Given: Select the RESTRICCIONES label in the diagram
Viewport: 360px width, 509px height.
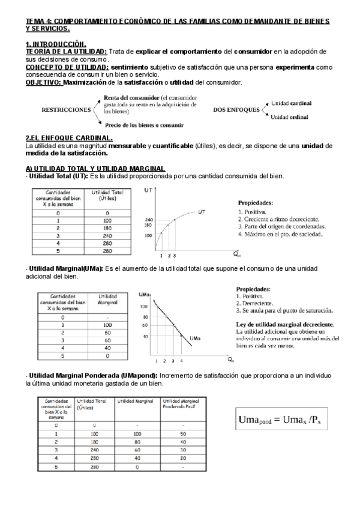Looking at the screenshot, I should click(62, 110).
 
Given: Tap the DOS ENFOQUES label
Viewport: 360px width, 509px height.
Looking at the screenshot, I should click(236, 110).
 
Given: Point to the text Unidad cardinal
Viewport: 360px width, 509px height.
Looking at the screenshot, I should click(292, 103).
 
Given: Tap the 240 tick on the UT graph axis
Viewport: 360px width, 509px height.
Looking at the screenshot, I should click(149, 220).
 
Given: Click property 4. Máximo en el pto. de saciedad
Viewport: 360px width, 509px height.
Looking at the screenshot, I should click(281, 234).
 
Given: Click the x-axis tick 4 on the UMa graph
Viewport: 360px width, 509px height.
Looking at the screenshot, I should click(182, 361).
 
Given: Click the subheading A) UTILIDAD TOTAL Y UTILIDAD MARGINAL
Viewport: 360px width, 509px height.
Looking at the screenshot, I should click(91, 168).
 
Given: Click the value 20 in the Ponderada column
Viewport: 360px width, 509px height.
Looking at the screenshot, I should click(184, 457).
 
